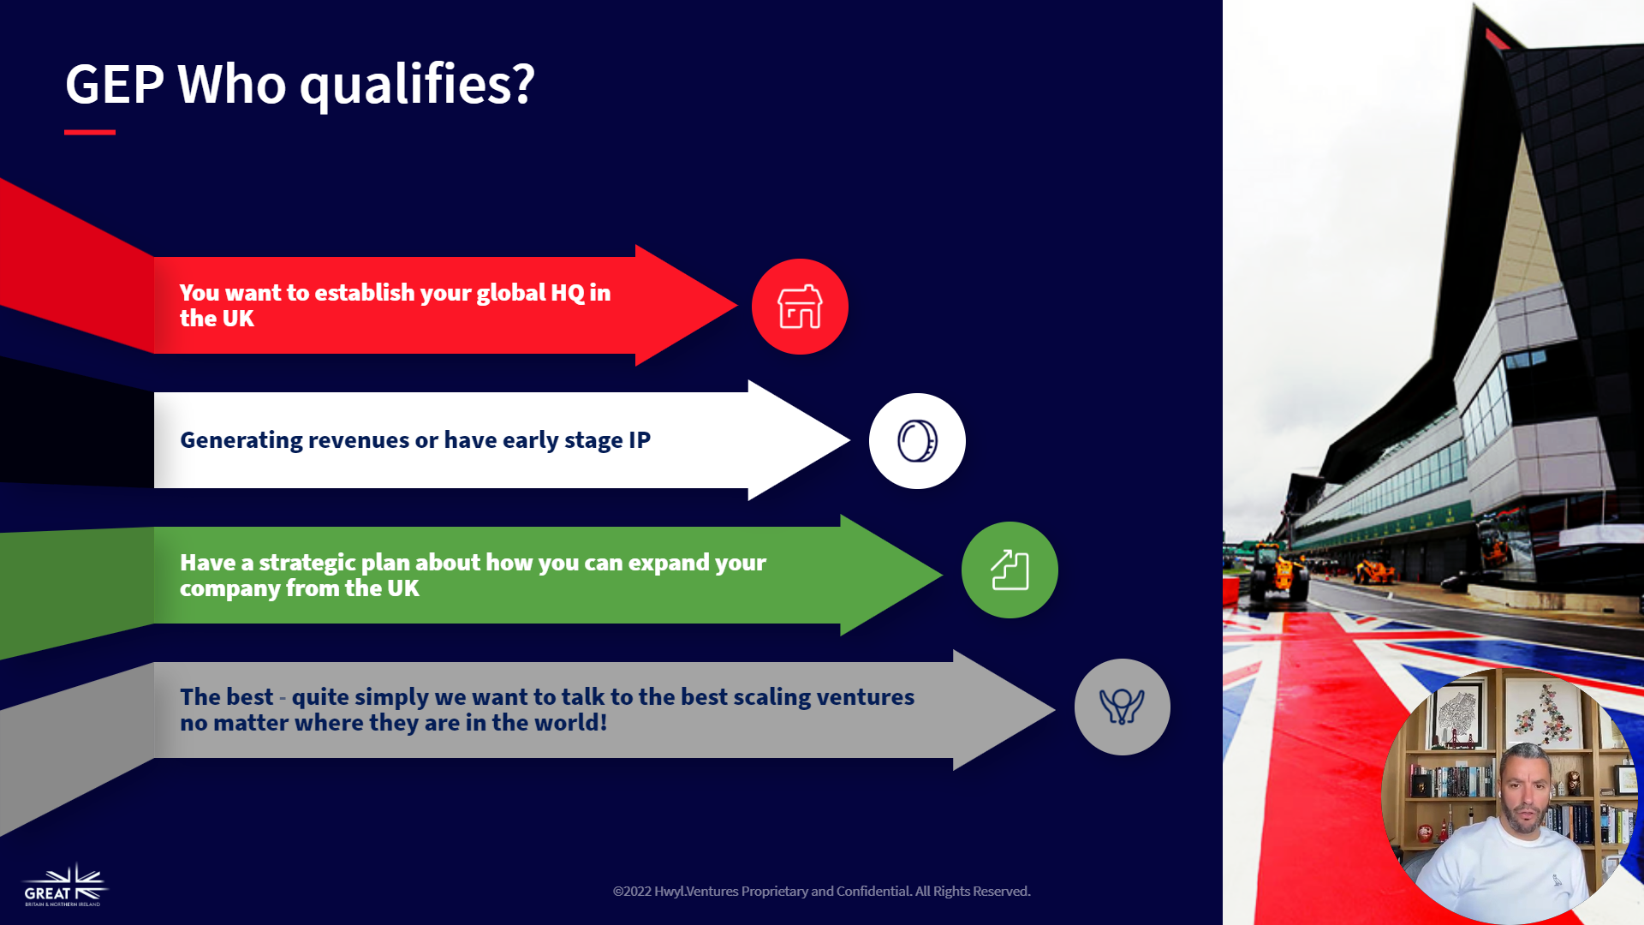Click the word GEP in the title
[x=115, y=84]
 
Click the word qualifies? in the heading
[x=417, y=86]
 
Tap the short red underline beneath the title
[x=90, y=132]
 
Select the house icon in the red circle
[x=800, y=307]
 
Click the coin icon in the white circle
[x=917, y=441]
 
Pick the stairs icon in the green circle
[x=1010, y=570]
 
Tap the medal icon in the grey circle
[x=1122, y=707]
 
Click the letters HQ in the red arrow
[x=567, y=293]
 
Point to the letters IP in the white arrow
[x=640, y=440]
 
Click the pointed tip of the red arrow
[x=736, y=305]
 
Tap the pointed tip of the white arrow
[x=849, y=440]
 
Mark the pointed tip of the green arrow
[x=942, y=575]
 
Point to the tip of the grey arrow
[x=1054, y=709]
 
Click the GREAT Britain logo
[x=65, y=886]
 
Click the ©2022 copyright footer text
[x=822, y=892]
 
